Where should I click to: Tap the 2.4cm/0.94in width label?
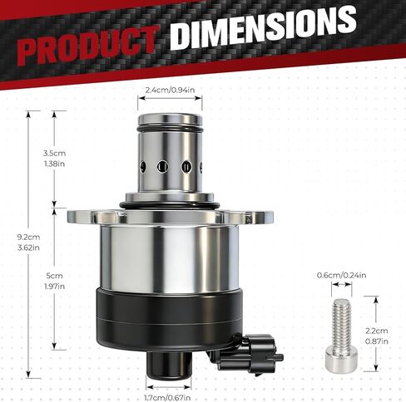pyautogui.click(x=171, y=90)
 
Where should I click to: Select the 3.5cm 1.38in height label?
pyautogui.click(x=54, y=159)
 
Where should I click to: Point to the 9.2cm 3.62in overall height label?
pyautogui.click(x=28, y=243)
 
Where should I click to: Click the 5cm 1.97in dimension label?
pyautogui.click(x=55, y=281)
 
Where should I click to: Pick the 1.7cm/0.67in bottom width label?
pyautogui.click(x=168, y=398)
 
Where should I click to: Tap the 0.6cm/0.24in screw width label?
pyautogui.click(x=341, y=275)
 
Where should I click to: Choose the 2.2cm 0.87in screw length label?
pyautogui.click(x=377, y=336)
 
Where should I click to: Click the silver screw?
pyautogui.click(x=341, y=335)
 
